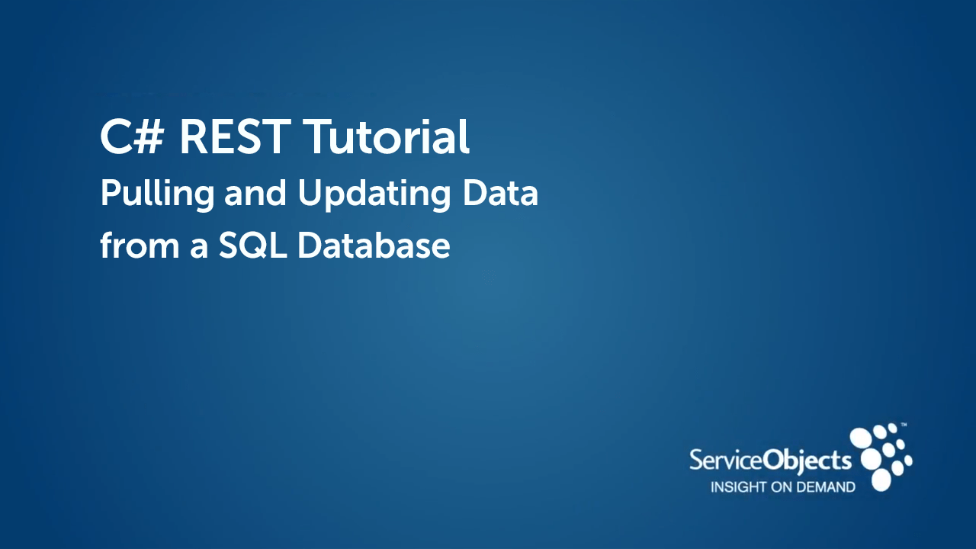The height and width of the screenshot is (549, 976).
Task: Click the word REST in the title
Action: (236, 138)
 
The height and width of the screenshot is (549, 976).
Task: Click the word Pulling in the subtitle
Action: (157, 195)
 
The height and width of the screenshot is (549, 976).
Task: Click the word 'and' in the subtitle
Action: (257, 194)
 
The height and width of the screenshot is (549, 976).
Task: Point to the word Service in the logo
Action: (726, 461)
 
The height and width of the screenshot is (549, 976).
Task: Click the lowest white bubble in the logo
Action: (881, 480)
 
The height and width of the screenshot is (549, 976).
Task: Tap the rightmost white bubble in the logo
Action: (907, 460)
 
